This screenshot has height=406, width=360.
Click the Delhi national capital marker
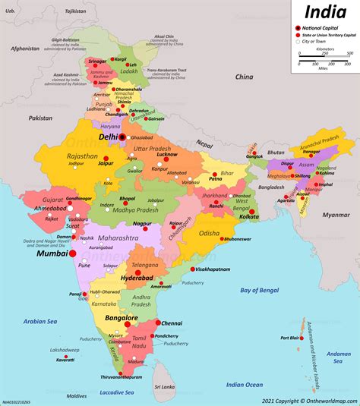pos(121,137)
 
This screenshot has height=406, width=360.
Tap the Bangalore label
pos(121,318)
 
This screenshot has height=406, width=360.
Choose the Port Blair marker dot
pos(308,338)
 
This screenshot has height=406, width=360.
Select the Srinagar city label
pos(97,61)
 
